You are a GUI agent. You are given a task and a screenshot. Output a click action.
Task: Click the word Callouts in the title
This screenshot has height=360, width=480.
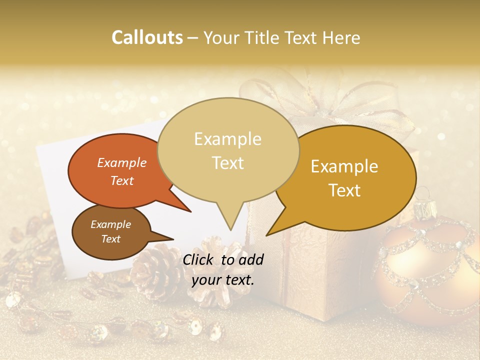click(x=147, y=37)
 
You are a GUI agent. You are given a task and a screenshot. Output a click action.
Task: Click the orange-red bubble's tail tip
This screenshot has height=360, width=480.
click(x=190, y=211)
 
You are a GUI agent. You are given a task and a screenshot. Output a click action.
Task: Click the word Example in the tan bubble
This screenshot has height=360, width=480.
click(x=227, y=139)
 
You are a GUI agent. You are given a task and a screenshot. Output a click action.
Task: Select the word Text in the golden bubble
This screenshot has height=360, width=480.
click(x=345, y=190)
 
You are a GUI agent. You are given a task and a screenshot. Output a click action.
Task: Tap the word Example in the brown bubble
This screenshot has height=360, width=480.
click(x=110, y=224)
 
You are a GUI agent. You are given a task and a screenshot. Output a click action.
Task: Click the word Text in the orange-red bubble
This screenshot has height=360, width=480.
click(x=122, y=181)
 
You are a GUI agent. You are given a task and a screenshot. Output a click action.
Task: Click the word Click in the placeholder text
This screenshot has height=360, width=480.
click(x=198, y=259)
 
